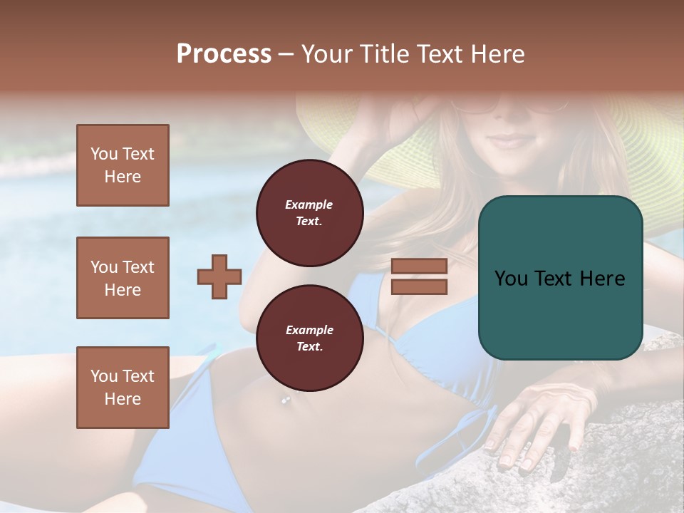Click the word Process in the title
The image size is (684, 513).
click(224, 54)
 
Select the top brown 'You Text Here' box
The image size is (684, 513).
click(123, 165)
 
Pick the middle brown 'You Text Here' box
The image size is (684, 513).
click(123, 278)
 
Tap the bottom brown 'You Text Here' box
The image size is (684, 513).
click(123, 387)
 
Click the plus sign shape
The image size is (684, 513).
click(219, 276)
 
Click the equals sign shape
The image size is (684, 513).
click(419, 276)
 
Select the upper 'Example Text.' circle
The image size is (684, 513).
click(309, 212)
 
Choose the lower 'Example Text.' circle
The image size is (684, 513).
click(309, 338)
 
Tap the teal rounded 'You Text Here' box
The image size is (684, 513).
click(560, 278)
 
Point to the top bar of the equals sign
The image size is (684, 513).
click(419, 266)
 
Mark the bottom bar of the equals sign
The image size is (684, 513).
click(419, 286)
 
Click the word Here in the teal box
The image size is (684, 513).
click(602, 279)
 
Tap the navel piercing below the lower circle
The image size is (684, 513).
click(286, 400)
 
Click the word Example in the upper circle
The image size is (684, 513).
click(309, 204)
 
